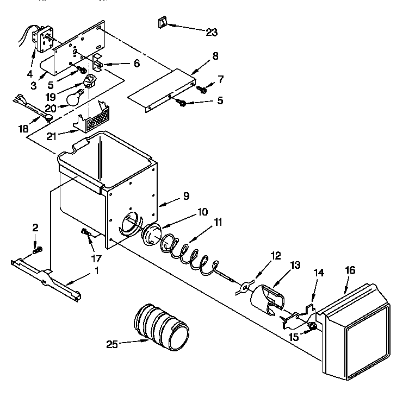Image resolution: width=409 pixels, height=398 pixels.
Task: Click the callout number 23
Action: pos(211,33)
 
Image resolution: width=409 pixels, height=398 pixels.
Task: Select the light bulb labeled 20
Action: pos(75,98)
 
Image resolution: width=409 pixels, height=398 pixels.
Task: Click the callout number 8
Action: pos(215,55)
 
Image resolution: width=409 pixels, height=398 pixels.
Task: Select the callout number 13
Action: pos(295,265)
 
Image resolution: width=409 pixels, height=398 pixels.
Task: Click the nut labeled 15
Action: pos(313,326)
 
